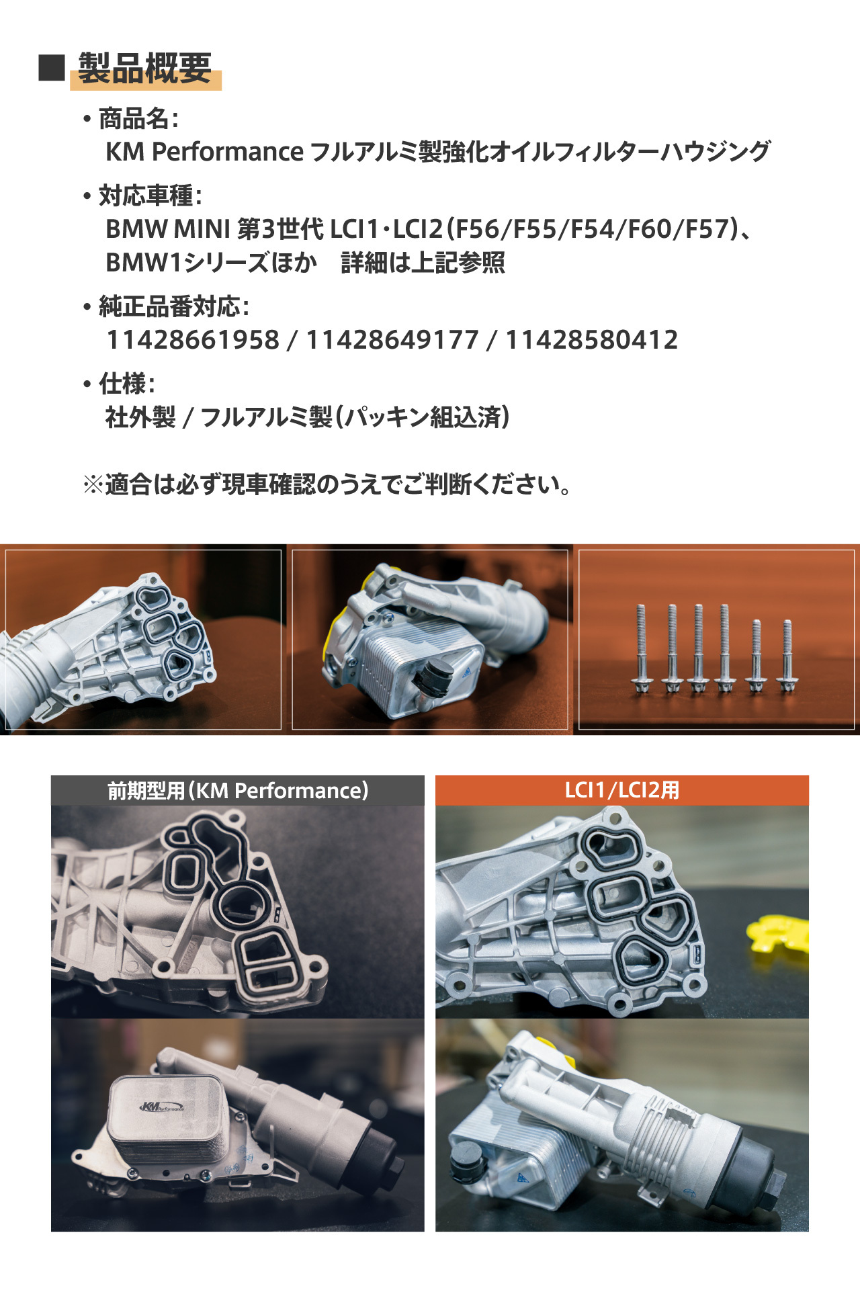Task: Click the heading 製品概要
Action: [145, 68]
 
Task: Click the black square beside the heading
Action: [51, 67]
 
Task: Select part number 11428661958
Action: [193, 340]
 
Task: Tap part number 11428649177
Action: [392, 340]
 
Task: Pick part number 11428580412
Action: [591, 340]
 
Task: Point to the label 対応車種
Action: [146, 196]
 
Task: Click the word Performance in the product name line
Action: [228, 153]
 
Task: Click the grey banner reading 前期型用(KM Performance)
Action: [238, 791]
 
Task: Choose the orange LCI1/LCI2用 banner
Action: [622, 791]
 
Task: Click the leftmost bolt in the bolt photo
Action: [642, 649]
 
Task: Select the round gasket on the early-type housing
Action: [241, 906]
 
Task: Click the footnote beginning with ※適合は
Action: [327, 484]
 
